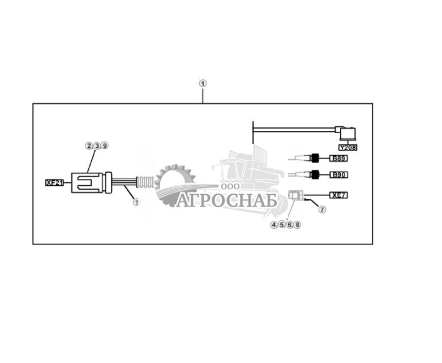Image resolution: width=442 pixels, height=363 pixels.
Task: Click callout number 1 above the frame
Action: click(203, 83)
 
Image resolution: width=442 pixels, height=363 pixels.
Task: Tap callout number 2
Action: click(89, 146)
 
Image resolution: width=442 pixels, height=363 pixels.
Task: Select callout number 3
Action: click(97, 146)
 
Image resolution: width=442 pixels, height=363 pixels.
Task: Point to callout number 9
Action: click(105, 146)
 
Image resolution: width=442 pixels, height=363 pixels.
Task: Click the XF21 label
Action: click(54, 183)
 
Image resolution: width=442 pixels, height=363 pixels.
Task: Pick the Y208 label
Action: click(348, 147)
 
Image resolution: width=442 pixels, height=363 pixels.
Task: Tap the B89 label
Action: click(339, 158)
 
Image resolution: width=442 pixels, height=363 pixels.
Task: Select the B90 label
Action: click(339, 175)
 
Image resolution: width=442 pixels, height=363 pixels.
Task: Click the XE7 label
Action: click(339, 195)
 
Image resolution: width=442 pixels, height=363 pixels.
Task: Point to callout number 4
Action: click(274, 225)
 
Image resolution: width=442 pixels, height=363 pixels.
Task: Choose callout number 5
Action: click(282, 225)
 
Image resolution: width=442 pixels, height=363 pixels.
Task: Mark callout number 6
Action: click(290, 225)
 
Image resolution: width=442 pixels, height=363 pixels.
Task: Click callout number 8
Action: click(297, 225)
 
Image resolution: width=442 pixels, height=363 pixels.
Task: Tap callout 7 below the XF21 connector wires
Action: click(136, 202)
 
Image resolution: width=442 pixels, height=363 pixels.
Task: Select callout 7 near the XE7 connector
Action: click(322, 210)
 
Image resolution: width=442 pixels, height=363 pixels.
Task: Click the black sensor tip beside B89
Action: click(314, 157)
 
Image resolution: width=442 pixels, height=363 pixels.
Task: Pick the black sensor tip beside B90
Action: click(314, 174)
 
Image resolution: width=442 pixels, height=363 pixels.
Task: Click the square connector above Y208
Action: click(348, 134)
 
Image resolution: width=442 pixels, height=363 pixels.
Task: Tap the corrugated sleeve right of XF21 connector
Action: click(145, 182)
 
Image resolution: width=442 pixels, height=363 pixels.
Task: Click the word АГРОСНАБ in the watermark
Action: click(227, 200)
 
